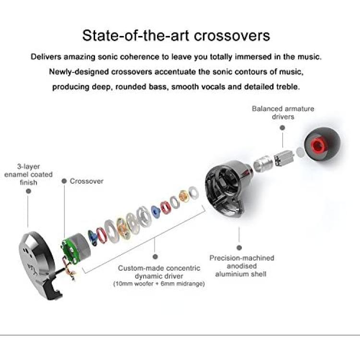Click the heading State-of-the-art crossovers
(x=176, y=36)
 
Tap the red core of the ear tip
(x=319, y=145)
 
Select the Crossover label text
(x=86, y=181)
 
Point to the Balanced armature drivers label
(x=283, y=112)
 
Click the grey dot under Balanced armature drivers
(x=283, y=128)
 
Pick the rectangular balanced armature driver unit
(x=284, y=157)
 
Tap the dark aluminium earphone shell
(x=228, y=188)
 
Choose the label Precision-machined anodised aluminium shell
(x=242, y=266)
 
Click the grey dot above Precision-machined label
(x=239, y=248)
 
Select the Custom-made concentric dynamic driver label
(x=159, y=272)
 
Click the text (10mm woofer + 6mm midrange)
(x=159, y=284)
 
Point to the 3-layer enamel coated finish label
(x=28, y=175)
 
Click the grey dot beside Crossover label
(x=64, y=181)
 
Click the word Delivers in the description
(x=46, y=57)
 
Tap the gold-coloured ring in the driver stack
(x=184, y=196)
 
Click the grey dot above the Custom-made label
(x=155, y=257)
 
